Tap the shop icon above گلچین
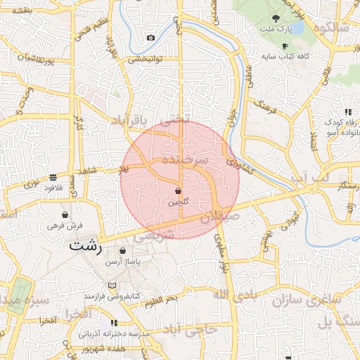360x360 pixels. pyautogui.click(x=178, y=191)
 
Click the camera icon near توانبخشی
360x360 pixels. pyautogui.click(x=150, y=37)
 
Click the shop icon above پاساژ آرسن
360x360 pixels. pyautogui.click(x=123, y=250)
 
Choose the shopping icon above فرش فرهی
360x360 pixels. pyautogui.click(x=65, y=215)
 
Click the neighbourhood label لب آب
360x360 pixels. pyautogui.click(x=310, y=179)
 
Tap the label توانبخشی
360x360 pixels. pyautogui.click(x=147, y=60)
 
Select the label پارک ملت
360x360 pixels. pyautogui.click(x=276, y=29)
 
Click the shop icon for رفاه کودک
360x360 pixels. pyautogui.click(x=347, y=112)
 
